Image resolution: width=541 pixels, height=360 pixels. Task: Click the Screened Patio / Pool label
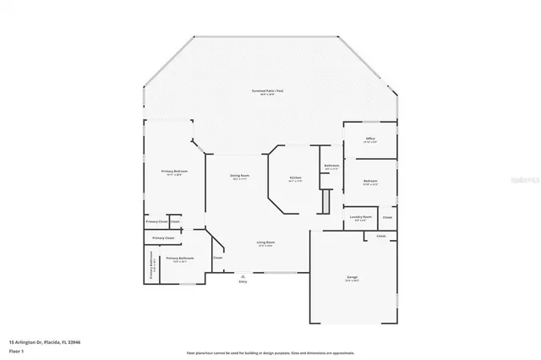tap(267, 90)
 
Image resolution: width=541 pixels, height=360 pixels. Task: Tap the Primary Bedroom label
tap(174, 171)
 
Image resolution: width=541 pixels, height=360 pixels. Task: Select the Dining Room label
tap(239, 176)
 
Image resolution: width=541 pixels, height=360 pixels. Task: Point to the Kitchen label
tap(294, 177)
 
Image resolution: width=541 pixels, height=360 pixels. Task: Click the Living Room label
tap(266, 243)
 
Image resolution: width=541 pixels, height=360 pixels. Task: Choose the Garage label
tap(352, 276)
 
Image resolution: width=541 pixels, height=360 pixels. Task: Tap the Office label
tap(369, 138)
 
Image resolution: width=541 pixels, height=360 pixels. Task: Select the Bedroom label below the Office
tap(370, 181)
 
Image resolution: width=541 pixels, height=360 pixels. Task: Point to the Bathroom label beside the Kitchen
tap(331, 166)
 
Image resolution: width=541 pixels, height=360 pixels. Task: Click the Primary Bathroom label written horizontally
tap(179, 258)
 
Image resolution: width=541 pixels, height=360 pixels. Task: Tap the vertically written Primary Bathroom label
tap(151, 266)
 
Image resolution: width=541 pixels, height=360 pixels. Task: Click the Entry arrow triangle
tap(243, 275)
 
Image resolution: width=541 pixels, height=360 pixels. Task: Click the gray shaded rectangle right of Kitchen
tap(322, 202)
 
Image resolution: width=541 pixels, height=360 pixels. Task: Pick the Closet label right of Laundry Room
tap(386, 217)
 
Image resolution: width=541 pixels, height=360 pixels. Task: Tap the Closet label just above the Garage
tap(380, 236)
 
